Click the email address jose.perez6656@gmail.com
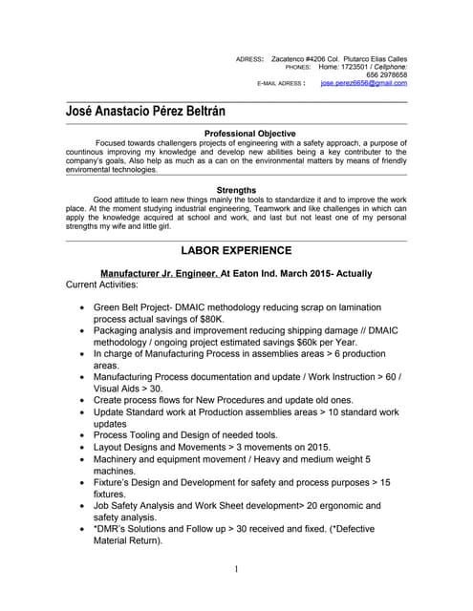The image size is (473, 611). (x=363, y=84)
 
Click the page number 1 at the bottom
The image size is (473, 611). (x=236, y=570)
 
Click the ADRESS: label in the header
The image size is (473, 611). (x=249, y=59)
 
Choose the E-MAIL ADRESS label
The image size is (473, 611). (x=281, y=84)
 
